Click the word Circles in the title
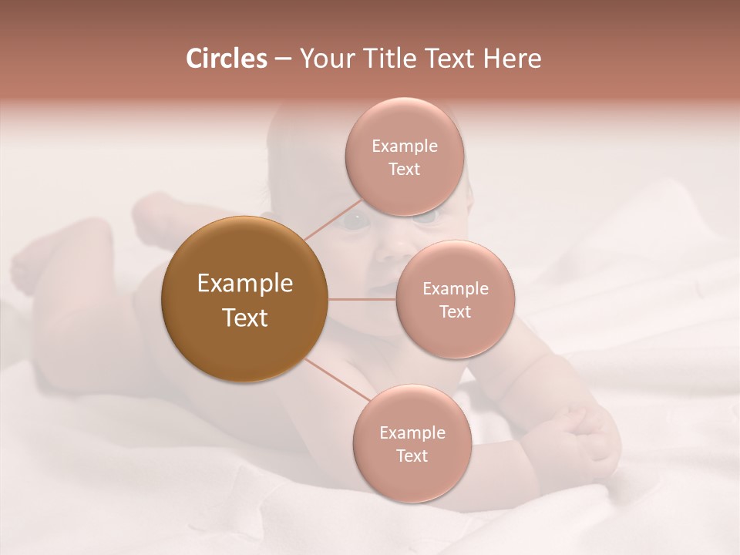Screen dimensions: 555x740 click(227, 59)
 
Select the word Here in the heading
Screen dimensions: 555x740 click(513, 59)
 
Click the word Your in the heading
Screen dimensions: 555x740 click(327, 59)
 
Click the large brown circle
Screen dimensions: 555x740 click(244, 299)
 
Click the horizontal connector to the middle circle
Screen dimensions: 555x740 click(362, 299)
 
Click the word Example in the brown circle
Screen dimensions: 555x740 click(244, 284)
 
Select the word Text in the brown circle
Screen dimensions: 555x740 click(244, 318)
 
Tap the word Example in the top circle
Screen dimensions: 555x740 click(404, 146)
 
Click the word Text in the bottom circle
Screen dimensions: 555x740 click(412, 456)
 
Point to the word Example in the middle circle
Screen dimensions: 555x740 click(456, 289)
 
